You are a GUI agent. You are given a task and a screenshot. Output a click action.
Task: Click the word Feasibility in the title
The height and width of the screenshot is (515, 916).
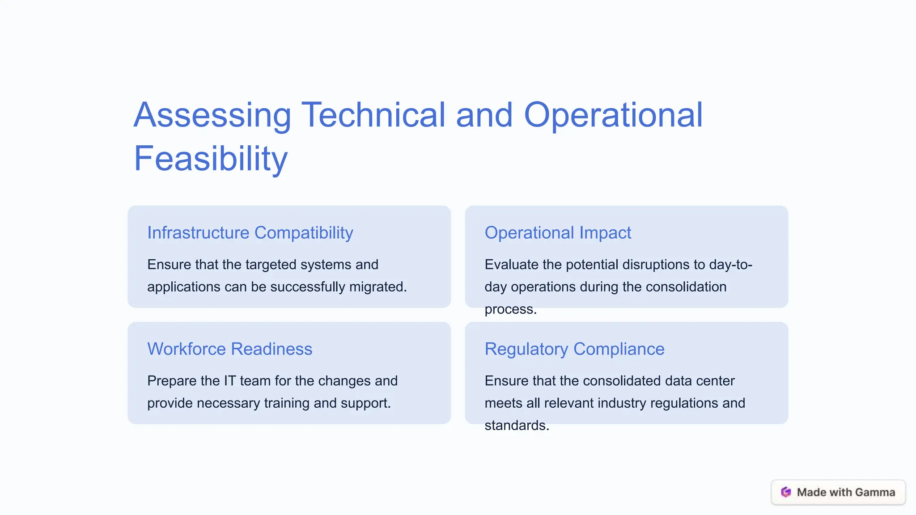(211, 158)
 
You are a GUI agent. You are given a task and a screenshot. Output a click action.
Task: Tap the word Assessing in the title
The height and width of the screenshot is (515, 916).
(212, 115)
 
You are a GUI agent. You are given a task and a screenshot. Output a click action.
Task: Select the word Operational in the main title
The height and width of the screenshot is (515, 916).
(613, 115)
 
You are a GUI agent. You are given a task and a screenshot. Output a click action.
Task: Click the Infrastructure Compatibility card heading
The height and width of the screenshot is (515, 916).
(250, 233)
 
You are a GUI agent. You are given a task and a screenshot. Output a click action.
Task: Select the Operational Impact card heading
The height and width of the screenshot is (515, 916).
(558, 233)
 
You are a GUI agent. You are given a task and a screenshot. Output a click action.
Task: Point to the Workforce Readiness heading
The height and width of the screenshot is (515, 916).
(229, 349)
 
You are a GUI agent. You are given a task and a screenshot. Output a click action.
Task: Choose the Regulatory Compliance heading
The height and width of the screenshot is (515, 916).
(574, 349)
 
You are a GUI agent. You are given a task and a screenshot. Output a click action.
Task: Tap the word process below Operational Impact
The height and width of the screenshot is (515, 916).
(510, 309)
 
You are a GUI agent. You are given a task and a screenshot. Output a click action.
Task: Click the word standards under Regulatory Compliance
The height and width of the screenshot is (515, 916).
(516, 426)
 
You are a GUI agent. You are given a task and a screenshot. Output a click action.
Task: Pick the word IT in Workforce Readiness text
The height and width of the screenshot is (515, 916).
(229, 381)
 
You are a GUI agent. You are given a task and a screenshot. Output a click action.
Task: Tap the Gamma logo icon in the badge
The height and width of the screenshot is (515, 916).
(786, 492)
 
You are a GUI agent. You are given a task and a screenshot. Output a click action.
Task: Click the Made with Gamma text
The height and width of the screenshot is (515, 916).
(846, 492)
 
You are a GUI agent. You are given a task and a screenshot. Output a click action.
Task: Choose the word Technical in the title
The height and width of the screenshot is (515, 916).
(373, 115)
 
